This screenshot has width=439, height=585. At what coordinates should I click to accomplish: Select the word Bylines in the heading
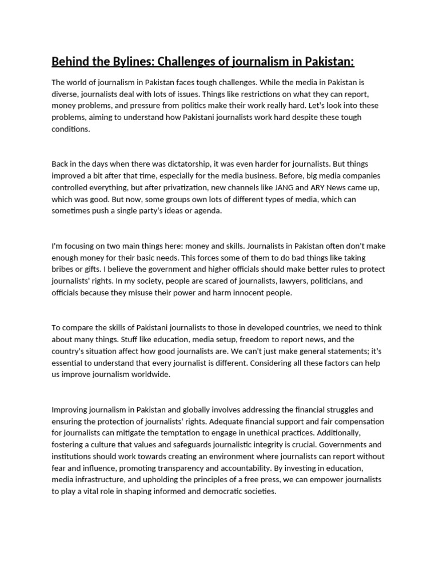tap(134, 61)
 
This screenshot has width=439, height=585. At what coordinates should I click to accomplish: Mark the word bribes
tap(64, 269)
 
